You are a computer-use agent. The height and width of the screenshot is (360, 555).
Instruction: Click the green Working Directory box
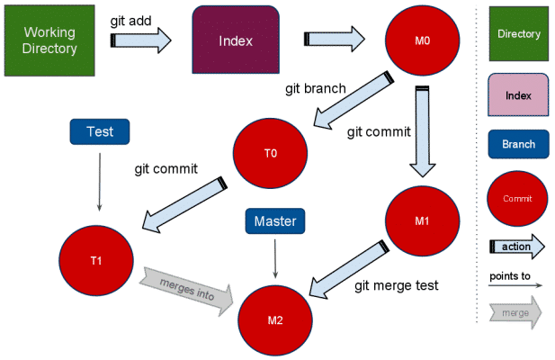(49, 39)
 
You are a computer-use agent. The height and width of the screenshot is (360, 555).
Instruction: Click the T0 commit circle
(271, 153)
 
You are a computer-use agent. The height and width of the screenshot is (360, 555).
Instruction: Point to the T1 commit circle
(95, 261)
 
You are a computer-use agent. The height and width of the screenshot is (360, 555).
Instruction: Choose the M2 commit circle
(274, 319)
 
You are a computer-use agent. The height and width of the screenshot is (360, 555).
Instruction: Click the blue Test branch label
(99, 131)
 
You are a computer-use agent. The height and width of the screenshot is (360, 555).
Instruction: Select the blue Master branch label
(275, 220)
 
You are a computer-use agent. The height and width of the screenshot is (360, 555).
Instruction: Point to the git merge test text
(396, 286)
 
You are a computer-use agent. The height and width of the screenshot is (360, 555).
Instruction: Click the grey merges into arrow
(185, 287)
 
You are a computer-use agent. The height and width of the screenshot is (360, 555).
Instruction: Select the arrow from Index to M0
(335, 38)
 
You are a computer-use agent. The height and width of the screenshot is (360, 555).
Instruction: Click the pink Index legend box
(518, 94)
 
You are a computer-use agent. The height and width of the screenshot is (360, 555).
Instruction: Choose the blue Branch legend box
(518, 144)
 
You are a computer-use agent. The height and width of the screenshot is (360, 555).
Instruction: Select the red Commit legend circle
(518, 198)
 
